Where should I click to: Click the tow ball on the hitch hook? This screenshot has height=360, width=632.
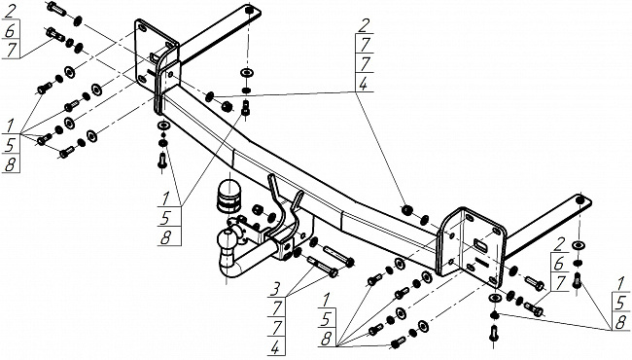pyautogui.click(x=227, y=239)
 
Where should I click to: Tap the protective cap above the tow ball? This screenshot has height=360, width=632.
pyautogui.click(x=228, y=197)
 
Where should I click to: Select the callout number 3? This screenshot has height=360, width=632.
pyautogui.click(x=275, y=289)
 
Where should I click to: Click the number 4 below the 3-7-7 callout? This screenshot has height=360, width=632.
pyautogui.click(x=275, y=346)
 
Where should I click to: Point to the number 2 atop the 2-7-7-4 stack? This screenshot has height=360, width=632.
pyautogui.click(x=364, y=25)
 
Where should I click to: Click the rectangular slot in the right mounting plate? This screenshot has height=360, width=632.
pyautogui.click(x=480, y=245)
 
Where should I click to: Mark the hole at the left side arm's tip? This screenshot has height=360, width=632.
pyautogui.click(x=250, y=10)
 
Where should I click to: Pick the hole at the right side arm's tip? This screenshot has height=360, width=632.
pyautogui.click(x=580, y=200)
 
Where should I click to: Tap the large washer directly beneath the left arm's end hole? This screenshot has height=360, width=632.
pyautogui.click(x=246, y=73)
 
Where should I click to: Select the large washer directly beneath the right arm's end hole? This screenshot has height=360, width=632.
pyautogui.click(x=579, y=245)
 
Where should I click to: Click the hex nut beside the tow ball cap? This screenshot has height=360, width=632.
pyautogui.click(x=257, y=210)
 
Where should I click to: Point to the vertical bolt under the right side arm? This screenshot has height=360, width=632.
pyautogui.click(x=577, y=281)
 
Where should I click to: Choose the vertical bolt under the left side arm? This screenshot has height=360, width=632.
pyautogui.click(x=245, y=106)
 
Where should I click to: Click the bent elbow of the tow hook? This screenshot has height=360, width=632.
pyautogui.click(x=228, y=268)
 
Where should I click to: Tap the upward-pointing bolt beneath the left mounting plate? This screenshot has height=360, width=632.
pyautogui.click(x=162, y=161)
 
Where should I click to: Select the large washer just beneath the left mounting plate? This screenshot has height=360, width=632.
pyautogui.click(x=162, y=125)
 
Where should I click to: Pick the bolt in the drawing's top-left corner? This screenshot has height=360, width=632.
pyautogui.click(x=56, y=8)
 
